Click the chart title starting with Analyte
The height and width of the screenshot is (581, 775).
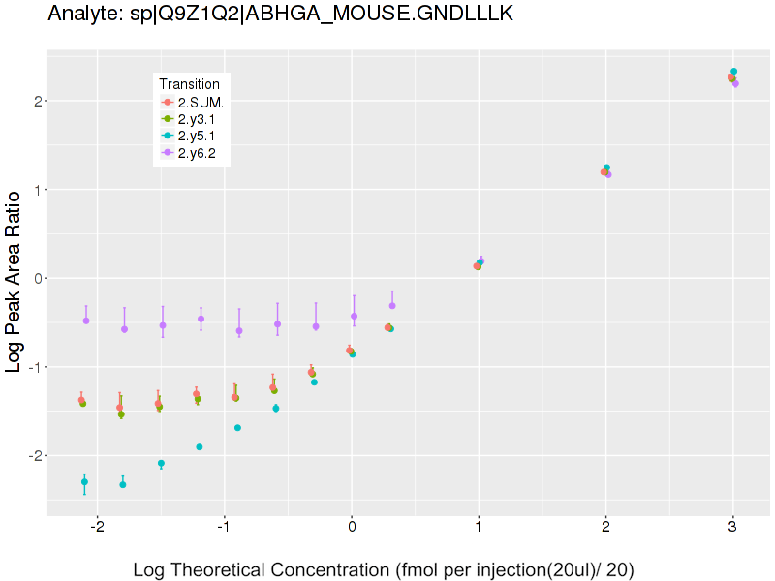pos(280,14)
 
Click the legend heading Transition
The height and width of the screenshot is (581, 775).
pos(196,84)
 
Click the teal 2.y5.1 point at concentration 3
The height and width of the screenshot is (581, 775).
pos(734,72)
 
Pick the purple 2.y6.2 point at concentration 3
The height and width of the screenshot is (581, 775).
pos(735,84)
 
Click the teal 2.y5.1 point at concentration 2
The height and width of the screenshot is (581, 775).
pos(606,168)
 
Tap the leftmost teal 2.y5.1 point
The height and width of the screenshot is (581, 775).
pos(84,481)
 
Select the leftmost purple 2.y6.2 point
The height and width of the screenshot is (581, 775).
pos(86,321)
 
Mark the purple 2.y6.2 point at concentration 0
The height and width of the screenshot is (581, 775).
pos(354,316)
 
